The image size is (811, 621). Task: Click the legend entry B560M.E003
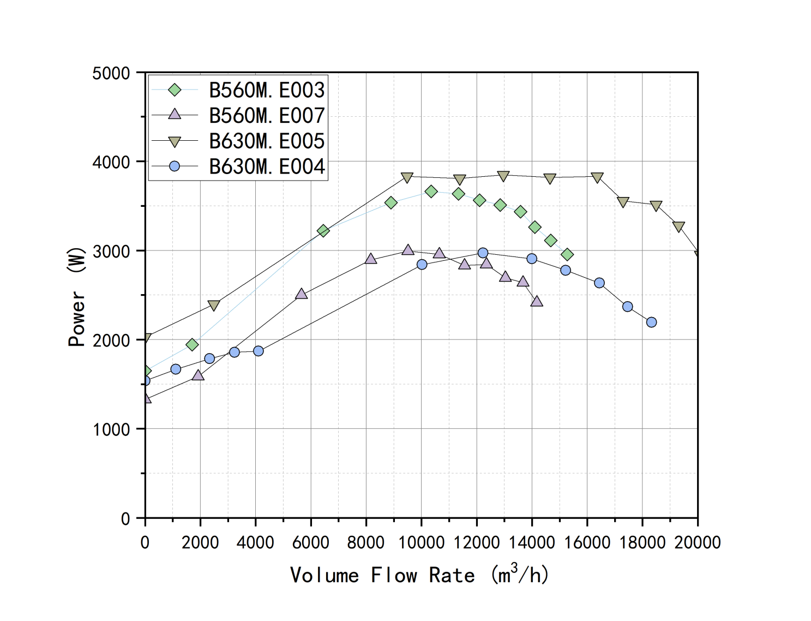pos(266,90)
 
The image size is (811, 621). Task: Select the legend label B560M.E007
pos(266,116)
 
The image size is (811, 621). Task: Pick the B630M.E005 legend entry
pos(266,141)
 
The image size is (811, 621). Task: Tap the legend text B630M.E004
pos(266,166)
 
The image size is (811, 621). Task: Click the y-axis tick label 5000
pos(111,73)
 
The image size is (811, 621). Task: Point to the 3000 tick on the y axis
pos(111,252)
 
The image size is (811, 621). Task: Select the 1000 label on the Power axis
pos(111,429)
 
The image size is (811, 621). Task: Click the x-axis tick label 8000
pos(366,542)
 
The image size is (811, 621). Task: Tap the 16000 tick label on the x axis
pos(587,542)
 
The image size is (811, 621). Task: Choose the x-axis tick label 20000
pos(698,542)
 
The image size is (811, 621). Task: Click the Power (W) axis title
pos(77,297)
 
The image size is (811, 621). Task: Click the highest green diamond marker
pos(431,192)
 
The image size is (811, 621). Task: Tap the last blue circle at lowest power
pos(651,323)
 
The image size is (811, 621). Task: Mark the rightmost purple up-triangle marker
pos(537,301)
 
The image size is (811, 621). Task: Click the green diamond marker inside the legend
pos(175,90)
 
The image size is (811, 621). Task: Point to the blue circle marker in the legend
pos(175,166)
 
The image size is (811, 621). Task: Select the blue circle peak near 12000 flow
pos(483,253)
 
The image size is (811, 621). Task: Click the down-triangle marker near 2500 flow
pos(214,306)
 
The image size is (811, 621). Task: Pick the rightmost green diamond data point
pos(567,254)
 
